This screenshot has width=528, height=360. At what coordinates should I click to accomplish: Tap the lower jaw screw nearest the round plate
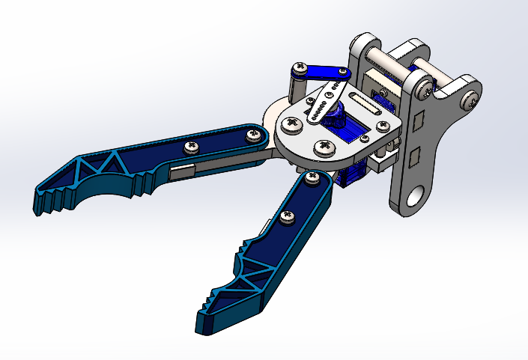click(312, 177)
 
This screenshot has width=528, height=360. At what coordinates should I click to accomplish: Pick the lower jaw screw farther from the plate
click(285, 217)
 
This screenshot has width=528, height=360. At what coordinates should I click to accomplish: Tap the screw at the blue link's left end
click(300, 70)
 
